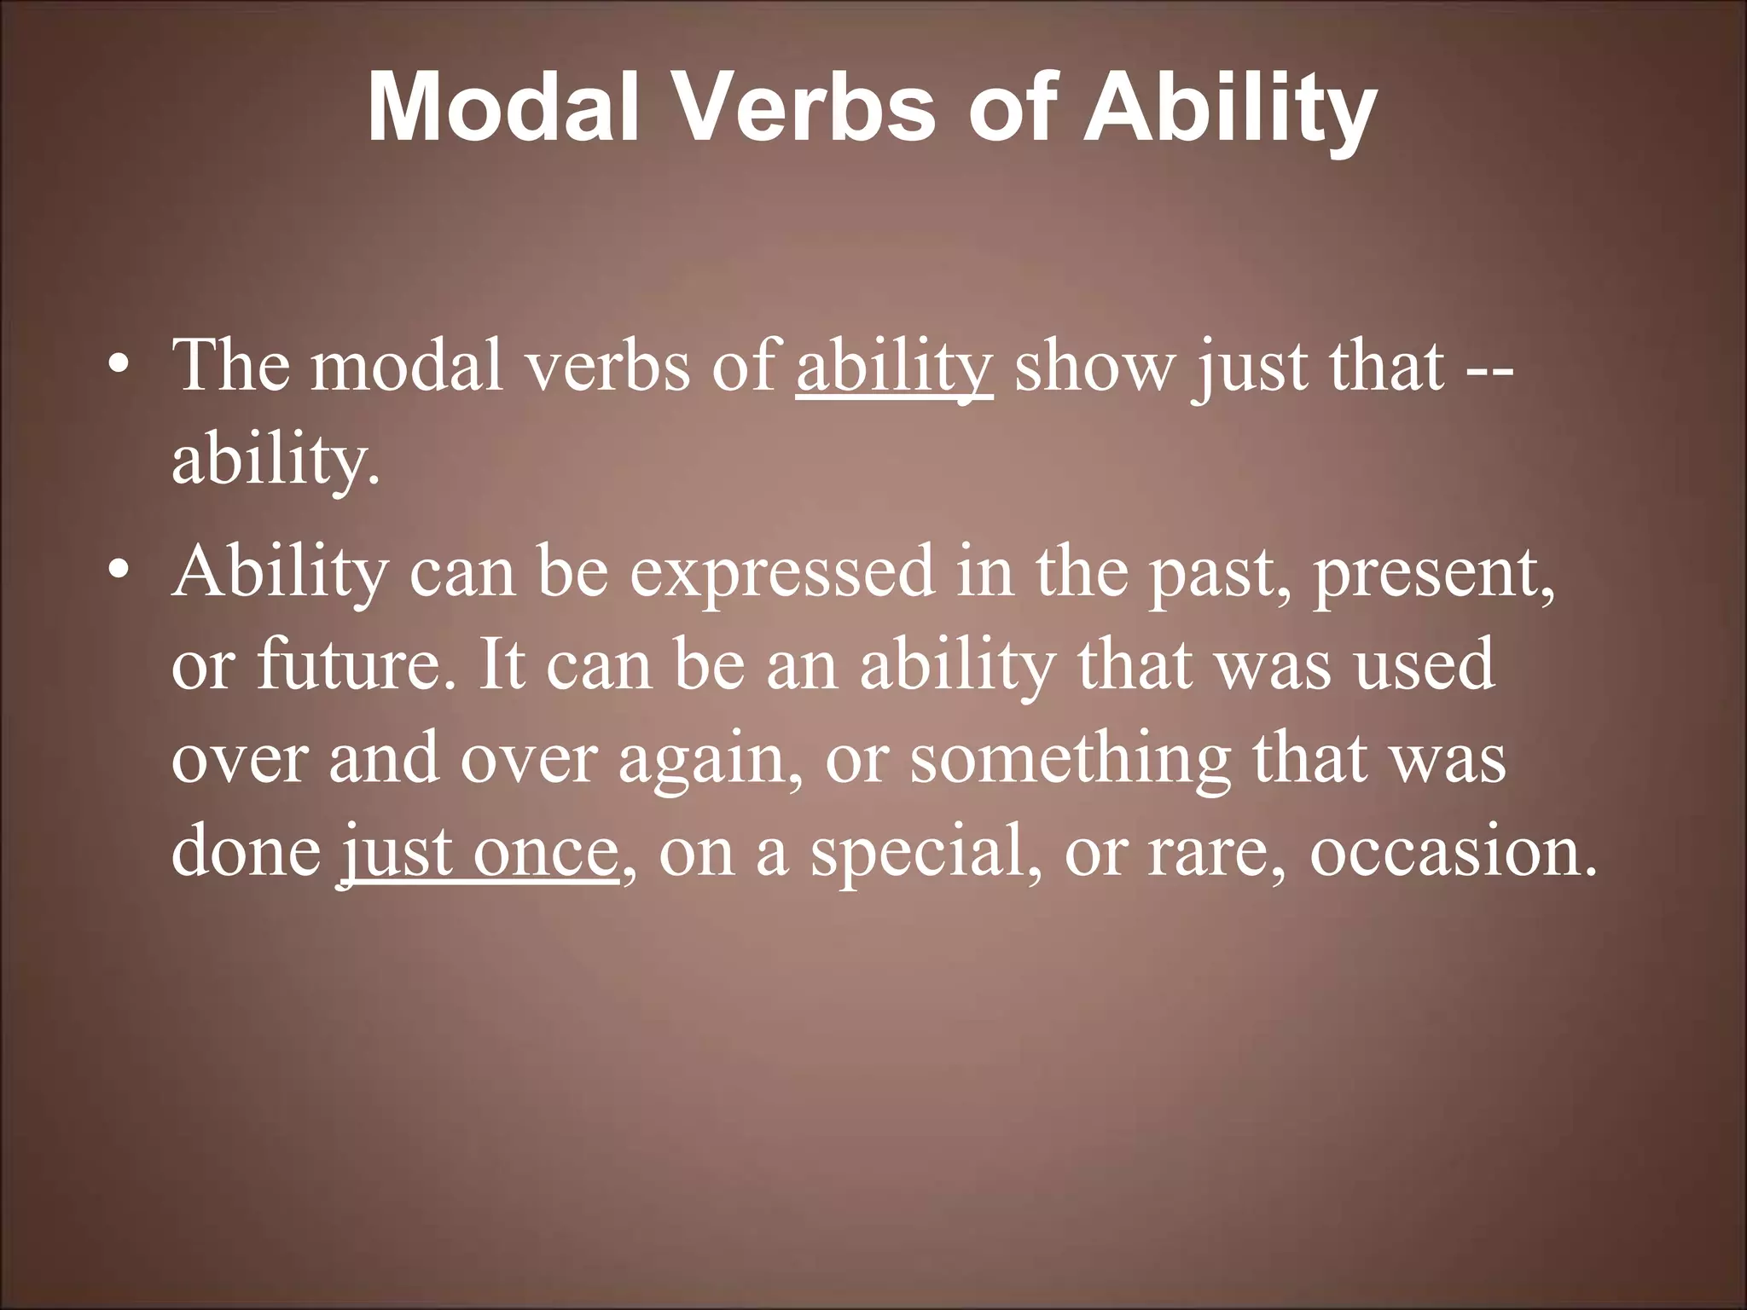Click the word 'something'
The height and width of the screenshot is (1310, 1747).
(x=1070, y=759)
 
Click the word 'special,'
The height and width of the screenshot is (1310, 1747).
(x=926, y=853)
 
